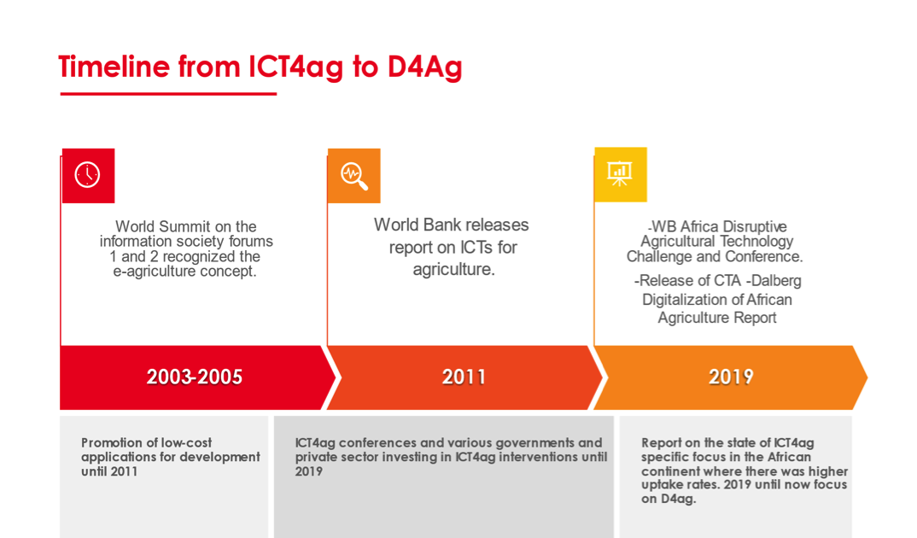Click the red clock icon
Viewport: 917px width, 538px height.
pyautogui.click(x=88, y=175)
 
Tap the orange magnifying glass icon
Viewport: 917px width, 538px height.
pyautogui.click(x=353, y=175)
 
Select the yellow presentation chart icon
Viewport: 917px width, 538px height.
pyautogui.click(x=620, y=174)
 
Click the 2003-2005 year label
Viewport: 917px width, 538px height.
pyautogui.click(x=194, y=377)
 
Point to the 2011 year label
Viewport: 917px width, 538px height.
pyautogui.click(x=464, y=377)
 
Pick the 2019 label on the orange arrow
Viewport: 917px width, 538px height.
pyautogui.click(x=731, y=377)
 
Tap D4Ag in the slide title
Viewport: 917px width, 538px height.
pyautogui.click(x=424, y=67)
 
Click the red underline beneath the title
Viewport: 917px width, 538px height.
pyautogui.click(x=168, y=94)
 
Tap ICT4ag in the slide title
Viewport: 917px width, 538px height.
pyautogui.click(x=296, y=67)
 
